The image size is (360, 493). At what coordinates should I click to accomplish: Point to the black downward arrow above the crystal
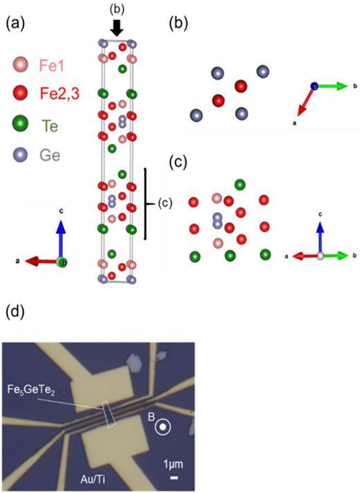(117, 28)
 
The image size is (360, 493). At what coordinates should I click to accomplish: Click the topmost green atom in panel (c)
(240, 184)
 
